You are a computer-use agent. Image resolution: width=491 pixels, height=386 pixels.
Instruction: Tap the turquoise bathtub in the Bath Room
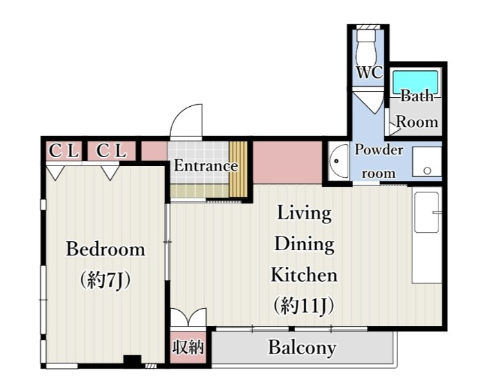[415, 83]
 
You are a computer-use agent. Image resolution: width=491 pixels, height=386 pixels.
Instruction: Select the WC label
[370, 72]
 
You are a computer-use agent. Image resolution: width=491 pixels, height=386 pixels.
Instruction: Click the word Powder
[379, 150]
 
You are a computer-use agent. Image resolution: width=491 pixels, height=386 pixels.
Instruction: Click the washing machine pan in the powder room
[427, 162]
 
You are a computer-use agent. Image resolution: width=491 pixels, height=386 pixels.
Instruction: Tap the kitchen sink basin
[426, 212]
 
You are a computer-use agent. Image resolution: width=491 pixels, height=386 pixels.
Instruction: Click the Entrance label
[206, 165]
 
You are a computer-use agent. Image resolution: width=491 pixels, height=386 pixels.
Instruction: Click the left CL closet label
[63, 151]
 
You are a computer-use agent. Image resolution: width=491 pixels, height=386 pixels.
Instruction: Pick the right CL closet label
[111, 151]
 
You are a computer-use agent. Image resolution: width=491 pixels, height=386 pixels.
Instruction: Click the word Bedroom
[106, 250]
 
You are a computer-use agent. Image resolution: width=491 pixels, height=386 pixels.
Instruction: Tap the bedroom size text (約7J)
[106, 280]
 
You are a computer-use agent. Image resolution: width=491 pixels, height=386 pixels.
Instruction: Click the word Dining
[304, 244]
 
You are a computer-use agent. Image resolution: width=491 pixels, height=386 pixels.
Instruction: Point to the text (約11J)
[303, 305]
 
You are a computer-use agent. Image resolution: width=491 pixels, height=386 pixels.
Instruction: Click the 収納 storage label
[188, 347]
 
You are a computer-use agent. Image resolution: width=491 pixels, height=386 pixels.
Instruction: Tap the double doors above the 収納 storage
[188, 318]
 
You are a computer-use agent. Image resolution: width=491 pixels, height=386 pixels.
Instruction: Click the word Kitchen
[304, 275]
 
